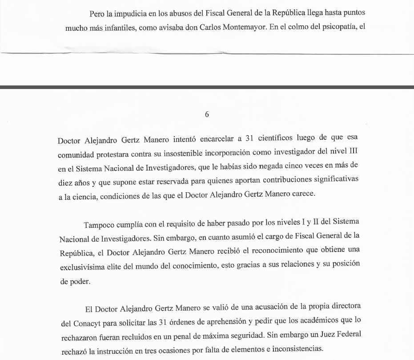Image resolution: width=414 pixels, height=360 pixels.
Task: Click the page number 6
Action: [207, 114]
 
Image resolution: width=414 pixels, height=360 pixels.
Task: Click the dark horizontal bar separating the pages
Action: [207, 87]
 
